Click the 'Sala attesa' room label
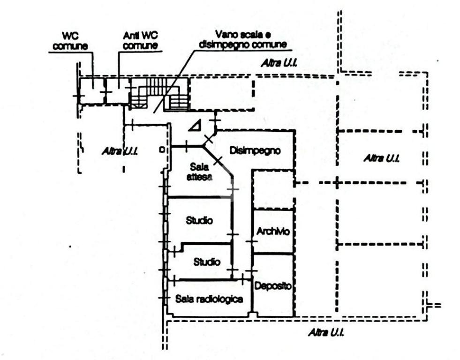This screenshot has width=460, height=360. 201,172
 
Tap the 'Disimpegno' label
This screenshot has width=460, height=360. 255,151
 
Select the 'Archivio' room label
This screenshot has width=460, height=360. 273,231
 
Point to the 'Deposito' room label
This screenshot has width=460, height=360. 273,286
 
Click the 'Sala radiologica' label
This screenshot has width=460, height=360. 209,299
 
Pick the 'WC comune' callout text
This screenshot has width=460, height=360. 70,41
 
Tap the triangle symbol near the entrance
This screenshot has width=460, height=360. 195,125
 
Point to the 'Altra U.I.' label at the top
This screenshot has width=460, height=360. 279,62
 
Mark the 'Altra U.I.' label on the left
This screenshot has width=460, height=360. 120,151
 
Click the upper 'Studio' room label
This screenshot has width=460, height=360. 199,220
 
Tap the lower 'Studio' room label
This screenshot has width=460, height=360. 207,262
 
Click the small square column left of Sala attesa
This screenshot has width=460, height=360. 162,150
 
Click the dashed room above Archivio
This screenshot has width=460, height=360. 273,189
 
